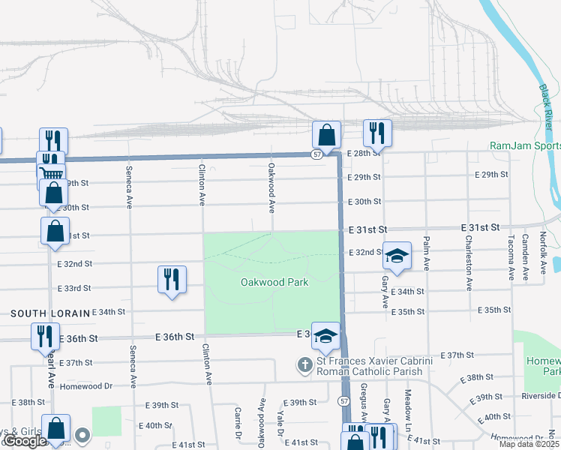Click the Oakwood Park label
click(x=274, y=283)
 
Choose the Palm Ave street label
click(x=427, y=253)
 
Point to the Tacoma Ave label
click(x=511, y=256)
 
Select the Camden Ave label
click(x=526, y=253)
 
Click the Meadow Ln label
click(x=408, y=406)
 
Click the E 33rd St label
click(x=73, y=288)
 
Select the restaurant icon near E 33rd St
click(x=172, y=280)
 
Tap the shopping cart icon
click(x=51, y=174)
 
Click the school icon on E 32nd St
click(x=397, y=255)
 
